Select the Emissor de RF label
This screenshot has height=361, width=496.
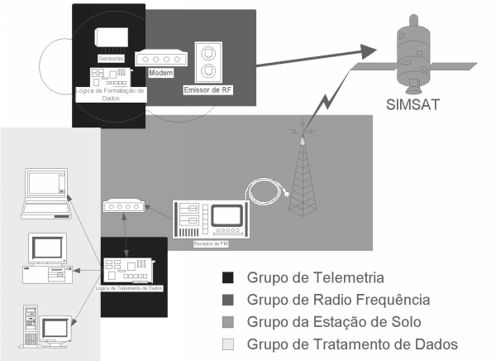coord(208,89)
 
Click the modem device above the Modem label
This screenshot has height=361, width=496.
coord(159,59)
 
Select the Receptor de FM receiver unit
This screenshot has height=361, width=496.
coord(210,220)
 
